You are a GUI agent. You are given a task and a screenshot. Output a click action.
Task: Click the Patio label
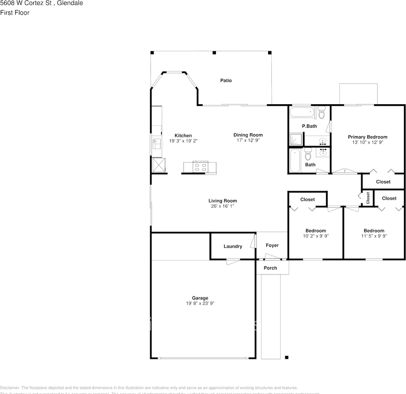point(226,80)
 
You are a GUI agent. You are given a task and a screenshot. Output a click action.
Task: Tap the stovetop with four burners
point(200,167)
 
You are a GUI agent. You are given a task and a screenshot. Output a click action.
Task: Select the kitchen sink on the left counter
point(156,144)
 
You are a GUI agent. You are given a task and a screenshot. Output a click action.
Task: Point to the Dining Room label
point(248,135)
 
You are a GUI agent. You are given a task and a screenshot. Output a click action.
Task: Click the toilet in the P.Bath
point(321,112)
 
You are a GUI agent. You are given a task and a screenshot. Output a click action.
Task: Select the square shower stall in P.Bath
point(296,140)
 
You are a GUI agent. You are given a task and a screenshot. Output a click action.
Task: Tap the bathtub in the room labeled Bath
point(294,160)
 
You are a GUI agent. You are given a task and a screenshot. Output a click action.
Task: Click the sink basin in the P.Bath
point(323,142)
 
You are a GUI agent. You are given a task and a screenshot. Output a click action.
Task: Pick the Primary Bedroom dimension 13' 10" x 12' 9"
point(367,142)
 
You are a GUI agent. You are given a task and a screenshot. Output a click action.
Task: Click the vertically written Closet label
point(368,198)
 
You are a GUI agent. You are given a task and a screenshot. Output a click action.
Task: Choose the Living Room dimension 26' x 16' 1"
point(222,206)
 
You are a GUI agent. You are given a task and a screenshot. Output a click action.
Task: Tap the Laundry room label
point(233,246)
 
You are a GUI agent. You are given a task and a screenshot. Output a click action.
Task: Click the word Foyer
point(272,245)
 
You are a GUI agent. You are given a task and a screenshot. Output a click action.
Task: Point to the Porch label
point(270,268)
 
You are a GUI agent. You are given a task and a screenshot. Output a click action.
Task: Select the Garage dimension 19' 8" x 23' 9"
point(200,303)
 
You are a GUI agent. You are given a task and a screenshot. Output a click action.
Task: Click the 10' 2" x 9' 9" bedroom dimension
point(316,236)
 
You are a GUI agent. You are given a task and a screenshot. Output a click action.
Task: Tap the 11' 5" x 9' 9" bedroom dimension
point(374,236)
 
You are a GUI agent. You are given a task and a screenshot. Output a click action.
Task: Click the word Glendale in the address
point(70,3)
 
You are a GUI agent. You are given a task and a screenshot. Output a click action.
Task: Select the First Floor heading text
point(15,13)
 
